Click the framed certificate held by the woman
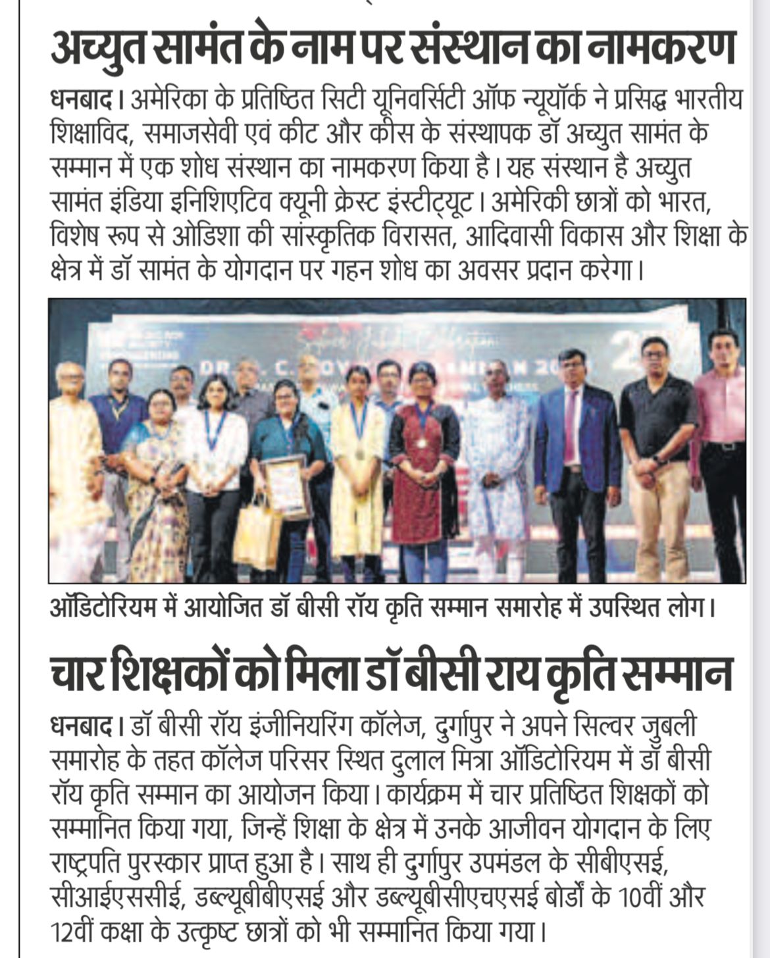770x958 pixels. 286,486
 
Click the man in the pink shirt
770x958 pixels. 721,447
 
